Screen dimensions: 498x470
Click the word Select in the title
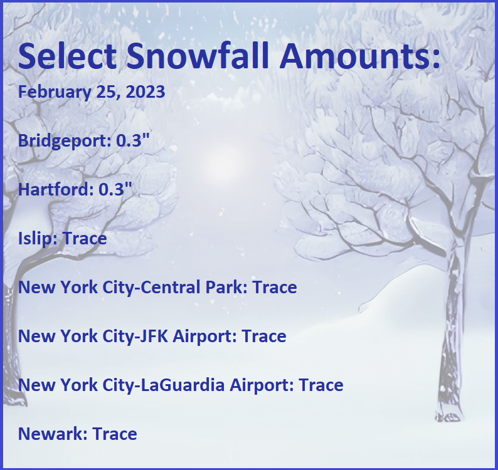click(x=67, y=56)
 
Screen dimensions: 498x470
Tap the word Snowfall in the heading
click(x=198, y=56)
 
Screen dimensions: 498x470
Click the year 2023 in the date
click(x=146, y=91)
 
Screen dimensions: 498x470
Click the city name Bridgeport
click(x=63, y=140)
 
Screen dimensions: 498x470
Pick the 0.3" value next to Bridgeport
click(x=132, y=140)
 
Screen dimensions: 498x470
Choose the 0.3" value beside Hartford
click(x=115, y=189)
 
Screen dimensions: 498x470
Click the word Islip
click(x=35, y=239)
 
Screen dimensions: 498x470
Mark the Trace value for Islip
click(x=85, y=238)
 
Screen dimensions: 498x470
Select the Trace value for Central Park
click(x=275, y=287)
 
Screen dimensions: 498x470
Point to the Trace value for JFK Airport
click(x=264, y=336)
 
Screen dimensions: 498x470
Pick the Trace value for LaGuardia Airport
click(x=321, y=385)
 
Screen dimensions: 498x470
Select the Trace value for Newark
click(x=115, y=434)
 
